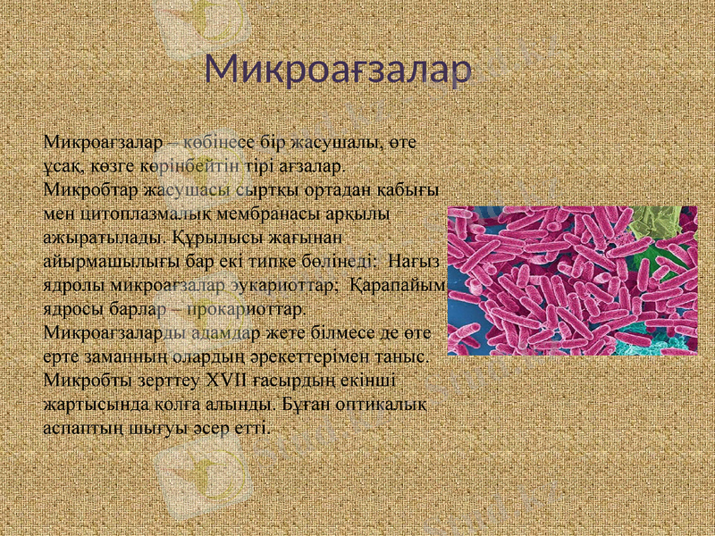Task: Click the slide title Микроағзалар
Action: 338,70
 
